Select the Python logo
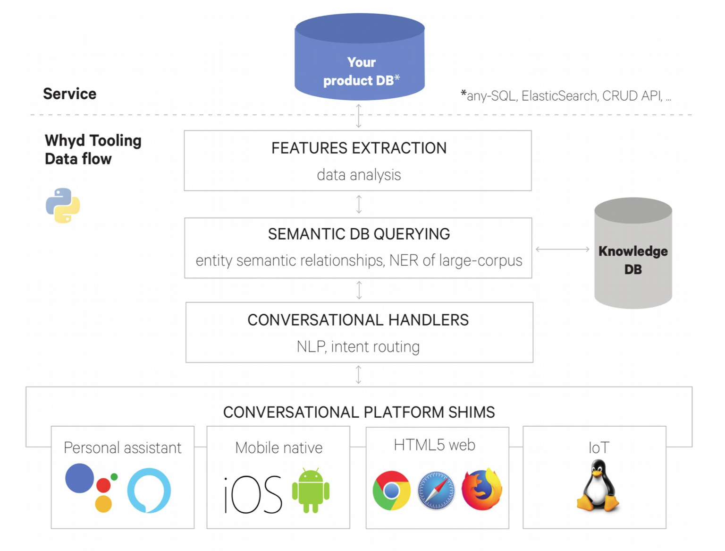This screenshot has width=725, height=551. [x=63, y=206]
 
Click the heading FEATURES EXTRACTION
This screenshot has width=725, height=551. [x=359, y=148]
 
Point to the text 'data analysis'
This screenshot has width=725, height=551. [x=359, y=175]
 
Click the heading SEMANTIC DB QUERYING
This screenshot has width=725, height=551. [x=359, y=234]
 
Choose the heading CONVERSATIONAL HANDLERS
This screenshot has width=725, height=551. [x=358, y=320]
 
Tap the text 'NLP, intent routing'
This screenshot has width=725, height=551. [x=358, y=347]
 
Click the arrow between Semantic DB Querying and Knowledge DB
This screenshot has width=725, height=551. [x=563, y=249]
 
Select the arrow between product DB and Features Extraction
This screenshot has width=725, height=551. [x=359, y=116]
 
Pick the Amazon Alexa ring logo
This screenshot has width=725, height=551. [x=149, y=490]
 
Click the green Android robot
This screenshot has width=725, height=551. [x=311, y=491]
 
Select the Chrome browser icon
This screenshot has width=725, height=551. [x=391, y=491]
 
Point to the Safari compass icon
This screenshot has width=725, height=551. [x=436, y=491]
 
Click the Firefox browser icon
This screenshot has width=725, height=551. [x=481, y=490]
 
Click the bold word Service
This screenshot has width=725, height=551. [x=70, y=94]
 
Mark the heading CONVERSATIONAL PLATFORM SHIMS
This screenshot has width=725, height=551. [x=359, y=413]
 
